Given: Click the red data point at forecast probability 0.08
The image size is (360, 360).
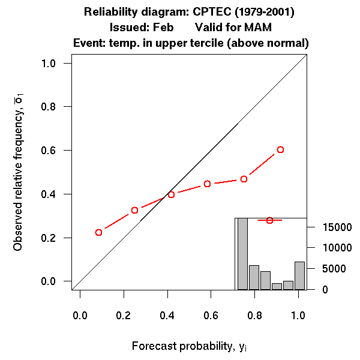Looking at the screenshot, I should coord(98,232).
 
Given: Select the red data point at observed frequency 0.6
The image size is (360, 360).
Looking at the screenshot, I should coord(280,149).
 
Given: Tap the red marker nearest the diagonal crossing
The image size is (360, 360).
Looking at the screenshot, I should coord(171,194).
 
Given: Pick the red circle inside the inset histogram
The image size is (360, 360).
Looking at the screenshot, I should coord(269,220).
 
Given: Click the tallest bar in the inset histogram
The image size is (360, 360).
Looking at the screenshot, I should coord(242,254).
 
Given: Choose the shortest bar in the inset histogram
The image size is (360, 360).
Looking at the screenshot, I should coord(277,286).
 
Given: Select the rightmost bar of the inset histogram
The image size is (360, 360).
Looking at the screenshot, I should coord(299,275).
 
